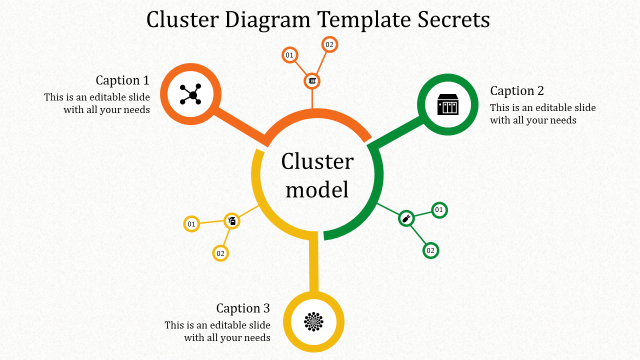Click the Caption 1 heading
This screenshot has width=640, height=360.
point(122,80)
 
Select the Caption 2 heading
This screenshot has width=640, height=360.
point(517,91)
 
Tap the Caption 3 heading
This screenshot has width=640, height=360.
point(243,308)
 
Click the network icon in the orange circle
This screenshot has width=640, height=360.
point(190,94)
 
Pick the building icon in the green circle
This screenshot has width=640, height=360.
point(447,104)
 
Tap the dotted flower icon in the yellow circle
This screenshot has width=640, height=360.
point(314,322)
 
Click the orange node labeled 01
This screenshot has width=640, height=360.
point(289,55)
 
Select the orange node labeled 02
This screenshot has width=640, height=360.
point(329,44)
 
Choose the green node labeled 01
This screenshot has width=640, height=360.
point(439,210)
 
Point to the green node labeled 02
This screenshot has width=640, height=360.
point(430,250)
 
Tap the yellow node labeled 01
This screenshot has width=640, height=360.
point(191,224)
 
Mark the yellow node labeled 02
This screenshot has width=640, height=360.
point(220,253)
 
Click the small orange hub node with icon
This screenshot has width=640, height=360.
point(312,81)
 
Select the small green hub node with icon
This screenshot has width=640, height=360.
point(406,218)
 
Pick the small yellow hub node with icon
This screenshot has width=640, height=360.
point(231,220)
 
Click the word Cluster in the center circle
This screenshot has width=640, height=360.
point(317,162)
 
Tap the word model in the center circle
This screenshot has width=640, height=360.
point(317,190)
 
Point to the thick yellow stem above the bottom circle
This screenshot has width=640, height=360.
point(313,262)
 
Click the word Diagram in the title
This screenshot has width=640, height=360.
point(267,20)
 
